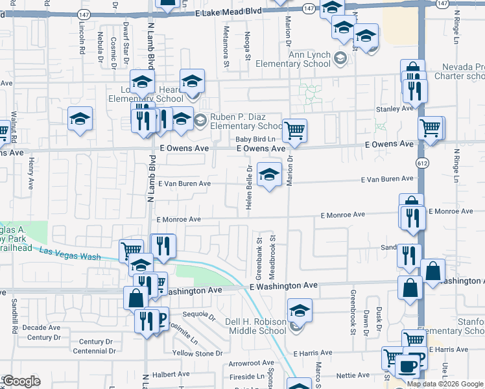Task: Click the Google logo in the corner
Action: (21, 381)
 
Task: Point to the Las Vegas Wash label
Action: (70, 254)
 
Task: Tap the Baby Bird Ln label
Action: (255, 139)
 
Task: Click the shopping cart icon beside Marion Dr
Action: (294, 130)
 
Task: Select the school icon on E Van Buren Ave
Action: (270, 174)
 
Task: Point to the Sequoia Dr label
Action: (198, 316)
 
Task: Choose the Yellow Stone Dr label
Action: (198, 353)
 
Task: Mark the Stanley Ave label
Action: (394, 109)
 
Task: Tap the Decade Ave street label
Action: (41, 327)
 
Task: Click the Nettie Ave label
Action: (353, 375)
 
